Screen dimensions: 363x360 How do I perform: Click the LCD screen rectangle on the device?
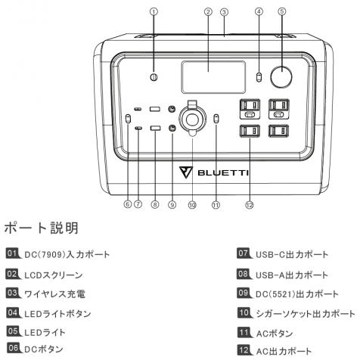213,77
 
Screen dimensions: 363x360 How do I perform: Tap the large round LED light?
281,77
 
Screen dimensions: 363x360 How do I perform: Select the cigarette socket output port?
192,119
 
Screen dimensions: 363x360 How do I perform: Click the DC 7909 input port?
154,77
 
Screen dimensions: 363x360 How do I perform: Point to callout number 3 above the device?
224,12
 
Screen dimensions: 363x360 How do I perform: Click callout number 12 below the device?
250,205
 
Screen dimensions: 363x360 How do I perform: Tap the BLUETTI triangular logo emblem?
186,172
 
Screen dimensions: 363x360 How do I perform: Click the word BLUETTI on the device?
223,173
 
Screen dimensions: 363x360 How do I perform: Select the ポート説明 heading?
42,228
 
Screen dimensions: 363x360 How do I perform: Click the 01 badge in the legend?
13,253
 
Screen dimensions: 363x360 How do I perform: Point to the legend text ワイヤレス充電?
54,294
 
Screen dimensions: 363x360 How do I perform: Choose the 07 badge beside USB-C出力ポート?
244,253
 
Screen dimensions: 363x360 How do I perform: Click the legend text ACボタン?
275,334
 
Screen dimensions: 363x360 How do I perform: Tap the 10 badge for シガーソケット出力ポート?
244,313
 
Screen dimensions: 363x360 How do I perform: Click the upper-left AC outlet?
250,109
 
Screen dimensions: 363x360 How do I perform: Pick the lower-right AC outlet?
279,131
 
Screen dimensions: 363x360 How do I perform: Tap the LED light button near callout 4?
259,77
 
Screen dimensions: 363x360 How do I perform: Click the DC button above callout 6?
128,119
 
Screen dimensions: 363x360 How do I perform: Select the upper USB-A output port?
155,109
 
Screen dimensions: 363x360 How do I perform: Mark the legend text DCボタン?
44,349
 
